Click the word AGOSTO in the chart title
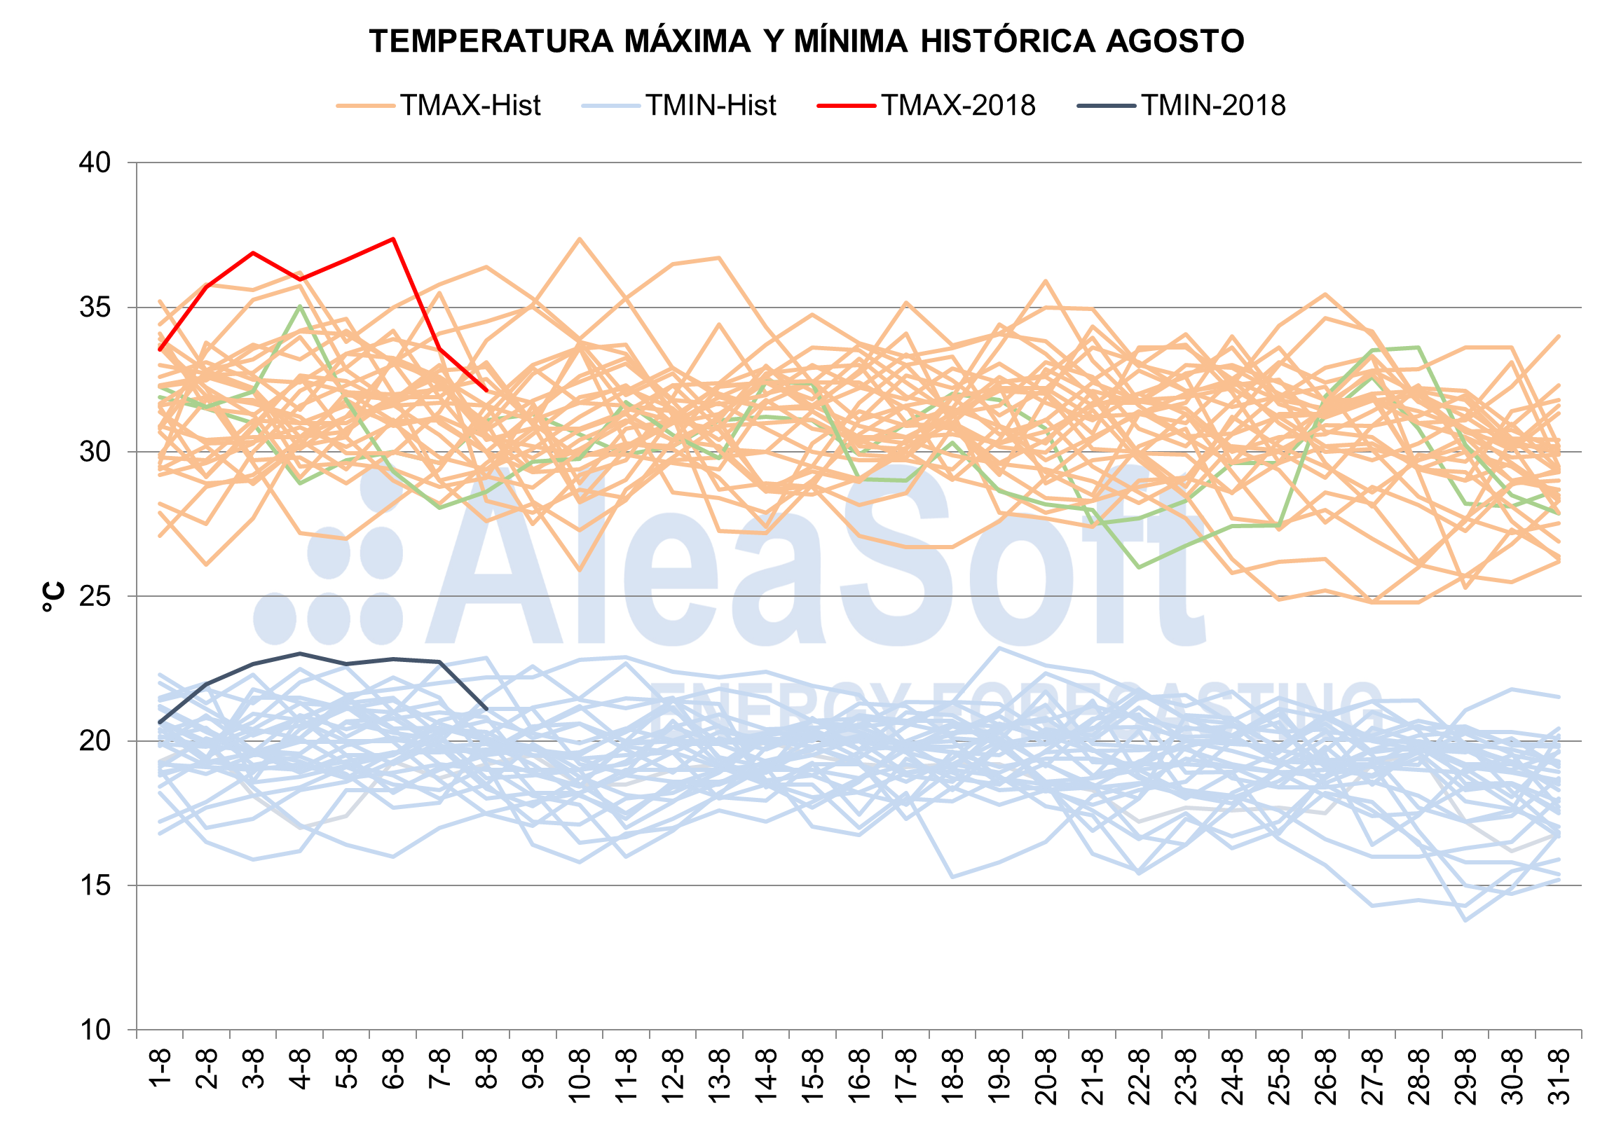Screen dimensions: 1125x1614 [1175, 41]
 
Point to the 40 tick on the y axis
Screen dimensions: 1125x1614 [95, 163]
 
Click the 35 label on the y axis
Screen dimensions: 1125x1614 [95, 308]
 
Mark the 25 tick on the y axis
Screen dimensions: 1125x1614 [95, 597]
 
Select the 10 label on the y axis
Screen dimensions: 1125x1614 [95, 1030]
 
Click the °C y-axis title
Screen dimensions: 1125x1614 [53, 597]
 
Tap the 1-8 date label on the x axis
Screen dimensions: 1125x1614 [161, 1069]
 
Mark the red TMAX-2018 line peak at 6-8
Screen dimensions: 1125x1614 [394, 239]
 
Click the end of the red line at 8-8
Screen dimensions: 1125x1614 [486, 390]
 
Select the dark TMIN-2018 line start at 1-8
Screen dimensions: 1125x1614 [160, 722]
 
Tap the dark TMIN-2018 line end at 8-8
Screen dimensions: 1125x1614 [486, 708]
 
